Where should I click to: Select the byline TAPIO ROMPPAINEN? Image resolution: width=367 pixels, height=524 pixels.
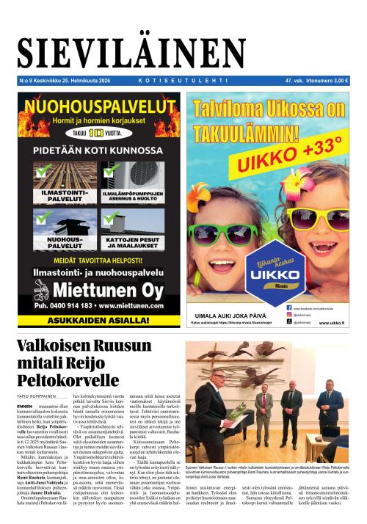pos(37,395)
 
